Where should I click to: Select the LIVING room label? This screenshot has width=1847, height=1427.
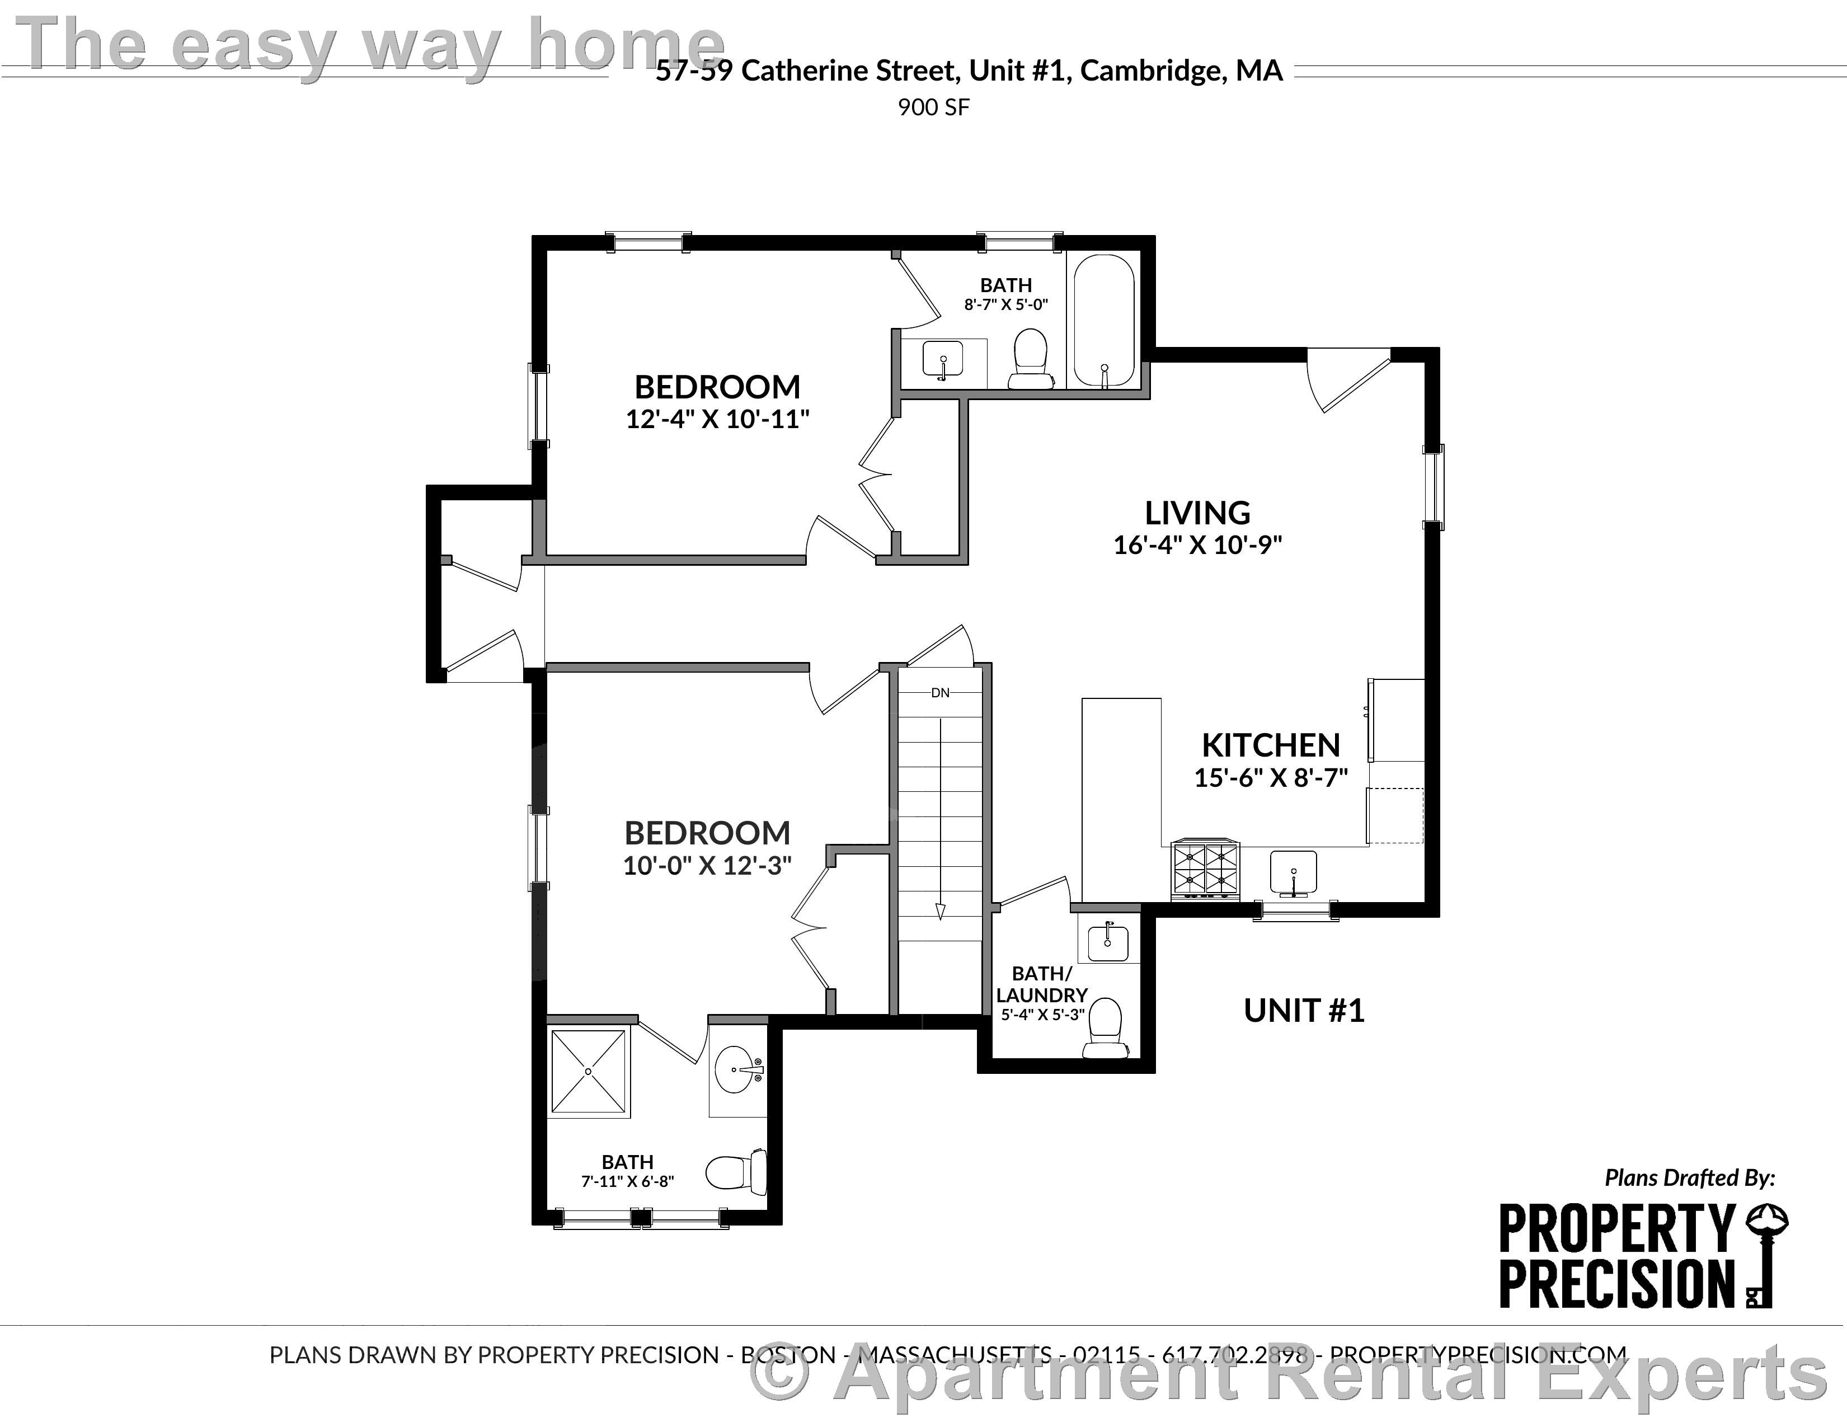(x=1197, y=513)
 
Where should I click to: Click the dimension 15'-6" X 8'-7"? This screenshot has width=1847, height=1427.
(x=1270, y=777)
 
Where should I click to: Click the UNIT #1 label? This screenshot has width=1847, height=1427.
(x=1303, y=1011)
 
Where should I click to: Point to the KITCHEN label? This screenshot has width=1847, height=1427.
(x=1270, y=745)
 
